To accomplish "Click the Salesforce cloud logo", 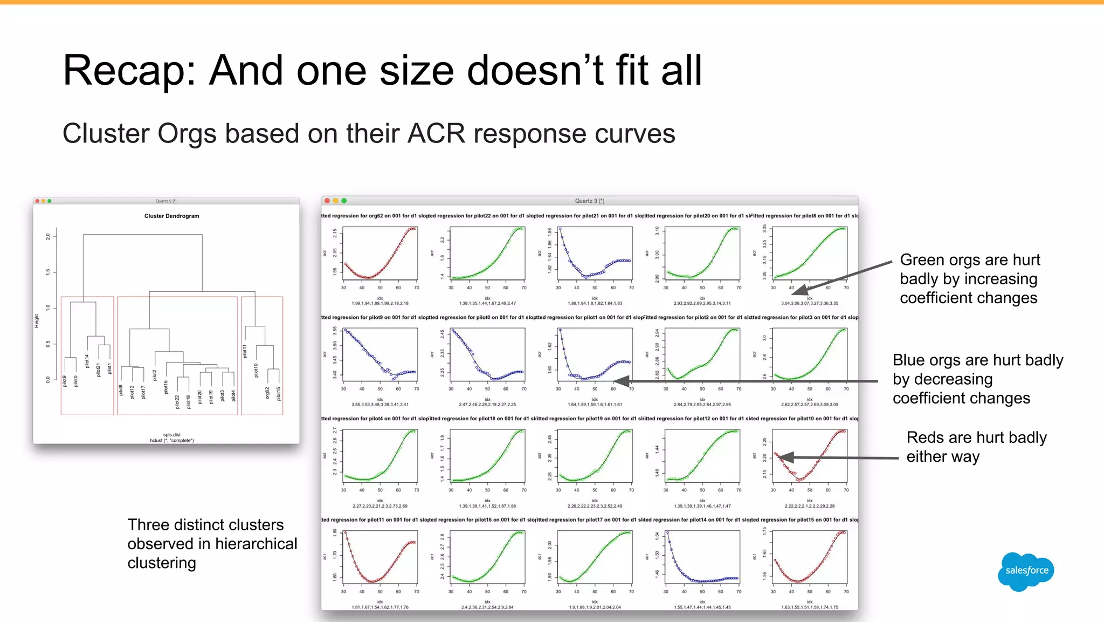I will pos(1026,571).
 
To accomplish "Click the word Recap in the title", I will pos(129,71).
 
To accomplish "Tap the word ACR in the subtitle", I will pos(436,134).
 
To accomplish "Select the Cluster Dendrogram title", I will pos(171,216).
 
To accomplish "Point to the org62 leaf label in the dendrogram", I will pos(267,393).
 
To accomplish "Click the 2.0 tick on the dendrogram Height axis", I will pos(48,236).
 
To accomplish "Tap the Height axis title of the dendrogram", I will pos(37,321).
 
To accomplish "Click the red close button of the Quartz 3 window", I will pos(327,201).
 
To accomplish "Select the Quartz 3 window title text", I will pos(589,201).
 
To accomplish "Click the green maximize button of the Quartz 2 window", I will pos(50,201).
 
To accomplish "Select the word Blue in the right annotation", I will pos(910,360).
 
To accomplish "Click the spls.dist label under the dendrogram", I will pos(171,434).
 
